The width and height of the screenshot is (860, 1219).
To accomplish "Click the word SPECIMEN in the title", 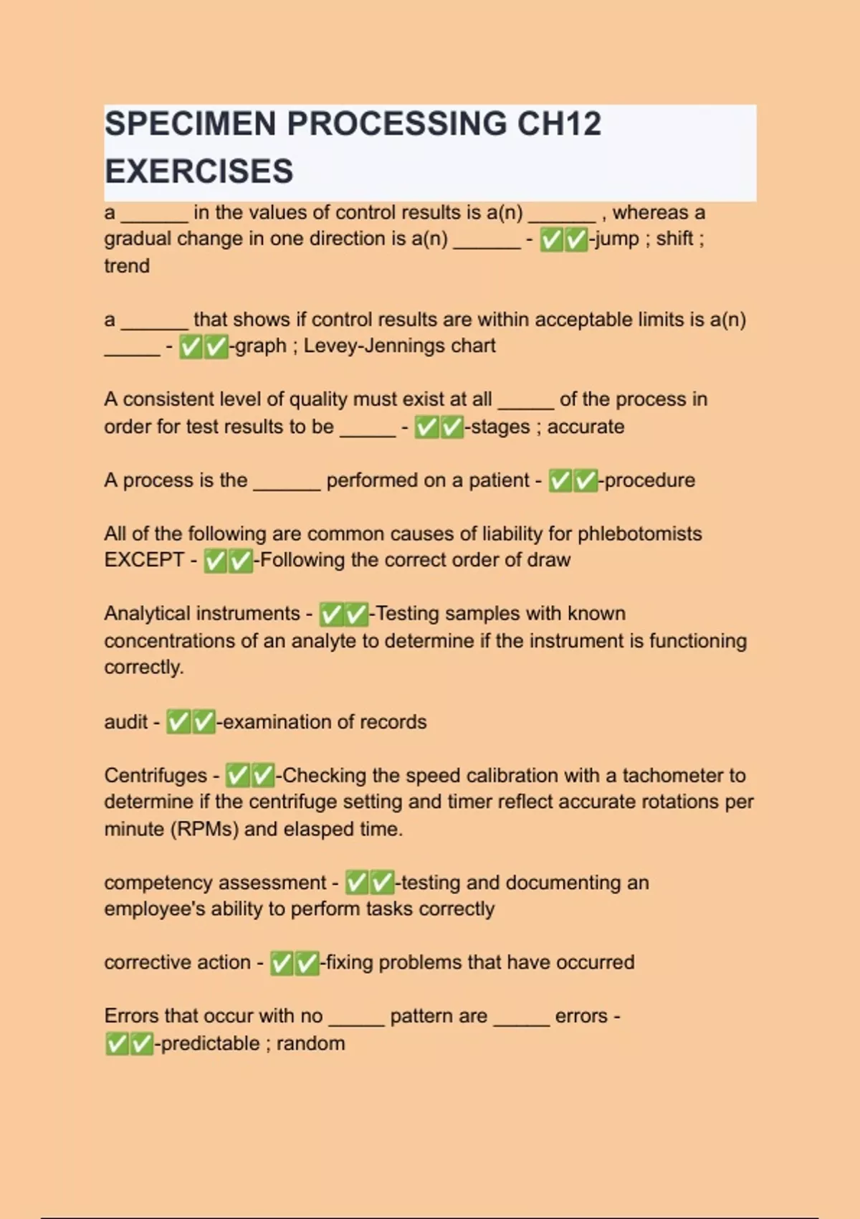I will click(x=191, y=124).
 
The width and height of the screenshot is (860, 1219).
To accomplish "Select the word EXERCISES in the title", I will click(x=199, y=171).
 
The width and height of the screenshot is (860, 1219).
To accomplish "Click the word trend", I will click(x=127, y=266).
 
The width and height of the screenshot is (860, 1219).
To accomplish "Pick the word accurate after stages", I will click(x=586, y=427).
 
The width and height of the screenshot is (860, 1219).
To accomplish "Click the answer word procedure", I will click(x=649, y=480).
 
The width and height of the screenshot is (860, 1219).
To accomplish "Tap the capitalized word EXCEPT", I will click(x=144, y=560).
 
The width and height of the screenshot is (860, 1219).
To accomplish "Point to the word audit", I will click(x=126, y=722).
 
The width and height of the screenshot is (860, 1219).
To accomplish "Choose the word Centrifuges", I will click(x=156, y=776).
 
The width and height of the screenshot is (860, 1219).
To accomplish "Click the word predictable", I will click(x=210, y=1043).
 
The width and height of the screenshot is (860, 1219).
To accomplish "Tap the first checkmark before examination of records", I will click(x=178, y=722).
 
